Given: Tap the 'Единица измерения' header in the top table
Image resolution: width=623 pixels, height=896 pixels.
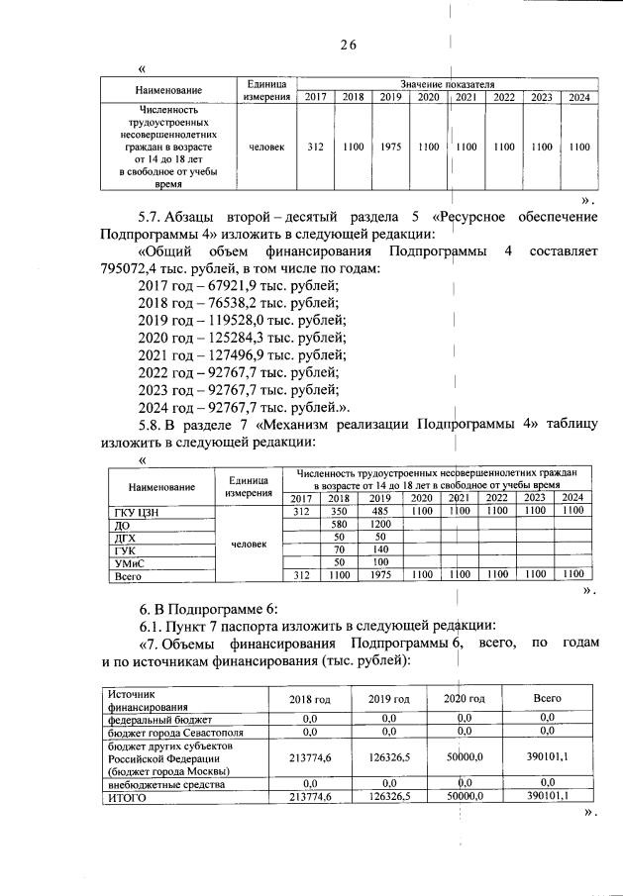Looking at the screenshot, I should [x=264, y=90].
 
